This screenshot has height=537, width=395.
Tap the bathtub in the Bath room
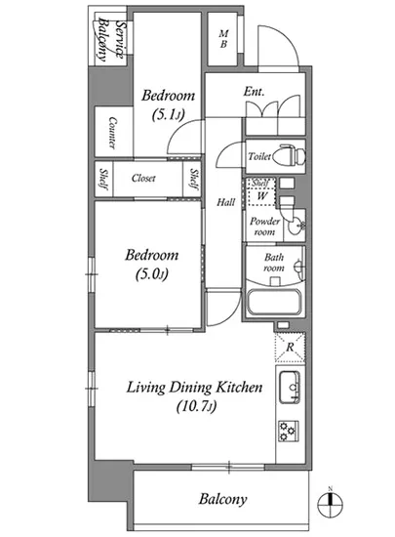(274, 303)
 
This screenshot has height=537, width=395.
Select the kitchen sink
(290, 387)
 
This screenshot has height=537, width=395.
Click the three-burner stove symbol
(288, 431)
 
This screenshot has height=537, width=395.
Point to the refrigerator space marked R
(290, 348)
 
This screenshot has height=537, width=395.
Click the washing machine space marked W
(262, 196)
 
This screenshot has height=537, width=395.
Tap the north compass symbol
(330, 503)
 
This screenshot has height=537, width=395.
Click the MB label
(223, 39)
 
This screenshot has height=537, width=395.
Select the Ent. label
(254, 92)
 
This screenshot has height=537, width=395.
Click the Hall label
(225, 202)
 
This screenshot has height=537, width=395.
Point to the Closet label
(143, 178)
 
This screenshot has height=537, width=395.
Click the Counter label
(112, 133)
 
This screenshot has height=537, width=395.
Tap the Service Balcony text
(110, 40)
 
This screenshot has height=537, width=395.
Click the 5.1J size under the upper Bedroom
(168, 114)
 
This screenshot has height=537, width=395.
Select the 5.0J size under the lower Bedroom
(151, 274)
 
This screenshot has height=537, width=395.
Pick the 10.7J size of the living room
(196, 406)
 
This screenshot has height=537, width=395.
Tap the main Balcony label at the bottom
(222, 499)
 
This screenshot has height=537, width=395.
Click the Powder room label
(264, 227)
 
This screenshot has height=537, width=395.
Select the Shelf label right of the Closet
(193, 179)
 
